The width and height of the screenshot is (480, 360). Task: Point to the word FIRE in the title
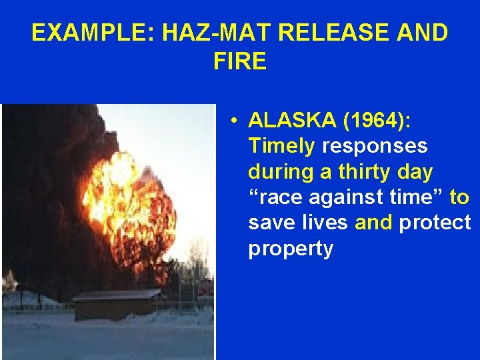coord(240,62)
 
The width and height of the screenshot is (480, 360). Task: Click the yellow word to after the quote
coord(459,197)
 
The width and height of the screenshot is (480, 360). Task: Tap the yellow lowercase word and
coord(374,223)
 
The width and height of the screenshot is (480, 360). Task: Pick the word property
coord(290,249)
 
